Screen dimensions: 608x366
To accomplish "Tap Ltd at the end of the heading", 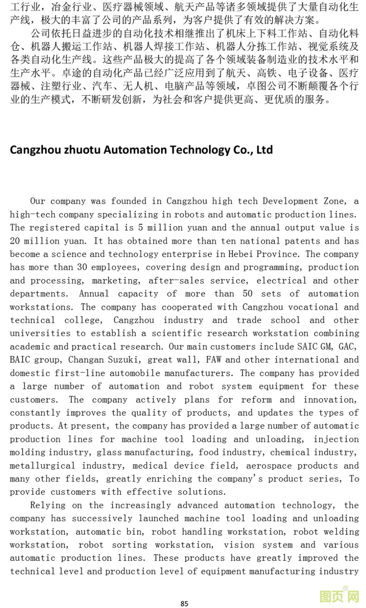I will point(264,149).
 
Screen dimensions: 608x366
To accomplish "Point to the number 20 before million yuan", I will point(15,241).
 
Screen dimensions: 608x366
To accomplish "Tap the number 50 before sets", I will point(248,294).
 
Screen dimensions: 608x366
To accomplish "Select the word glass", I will point(109,452).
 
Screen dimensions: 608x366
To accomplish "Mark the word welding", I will point(341,532).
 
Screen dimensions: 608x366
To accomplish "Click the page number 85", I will point(185,603).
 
